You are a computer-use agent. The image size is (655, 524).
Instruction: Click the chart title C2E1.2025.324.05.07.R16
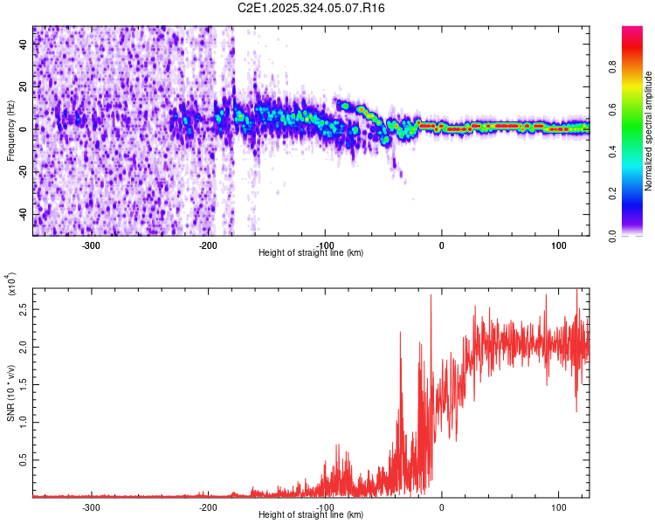coord(311,8)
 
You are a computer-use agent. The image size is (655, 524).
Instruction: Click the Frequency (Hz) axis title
coord(10,131)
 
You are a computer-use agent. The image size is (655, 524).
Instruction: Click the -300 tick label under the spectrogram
coord(92,245)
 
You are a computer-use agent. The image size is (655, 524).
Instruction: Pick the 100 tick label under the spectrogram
coord(558,245)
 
